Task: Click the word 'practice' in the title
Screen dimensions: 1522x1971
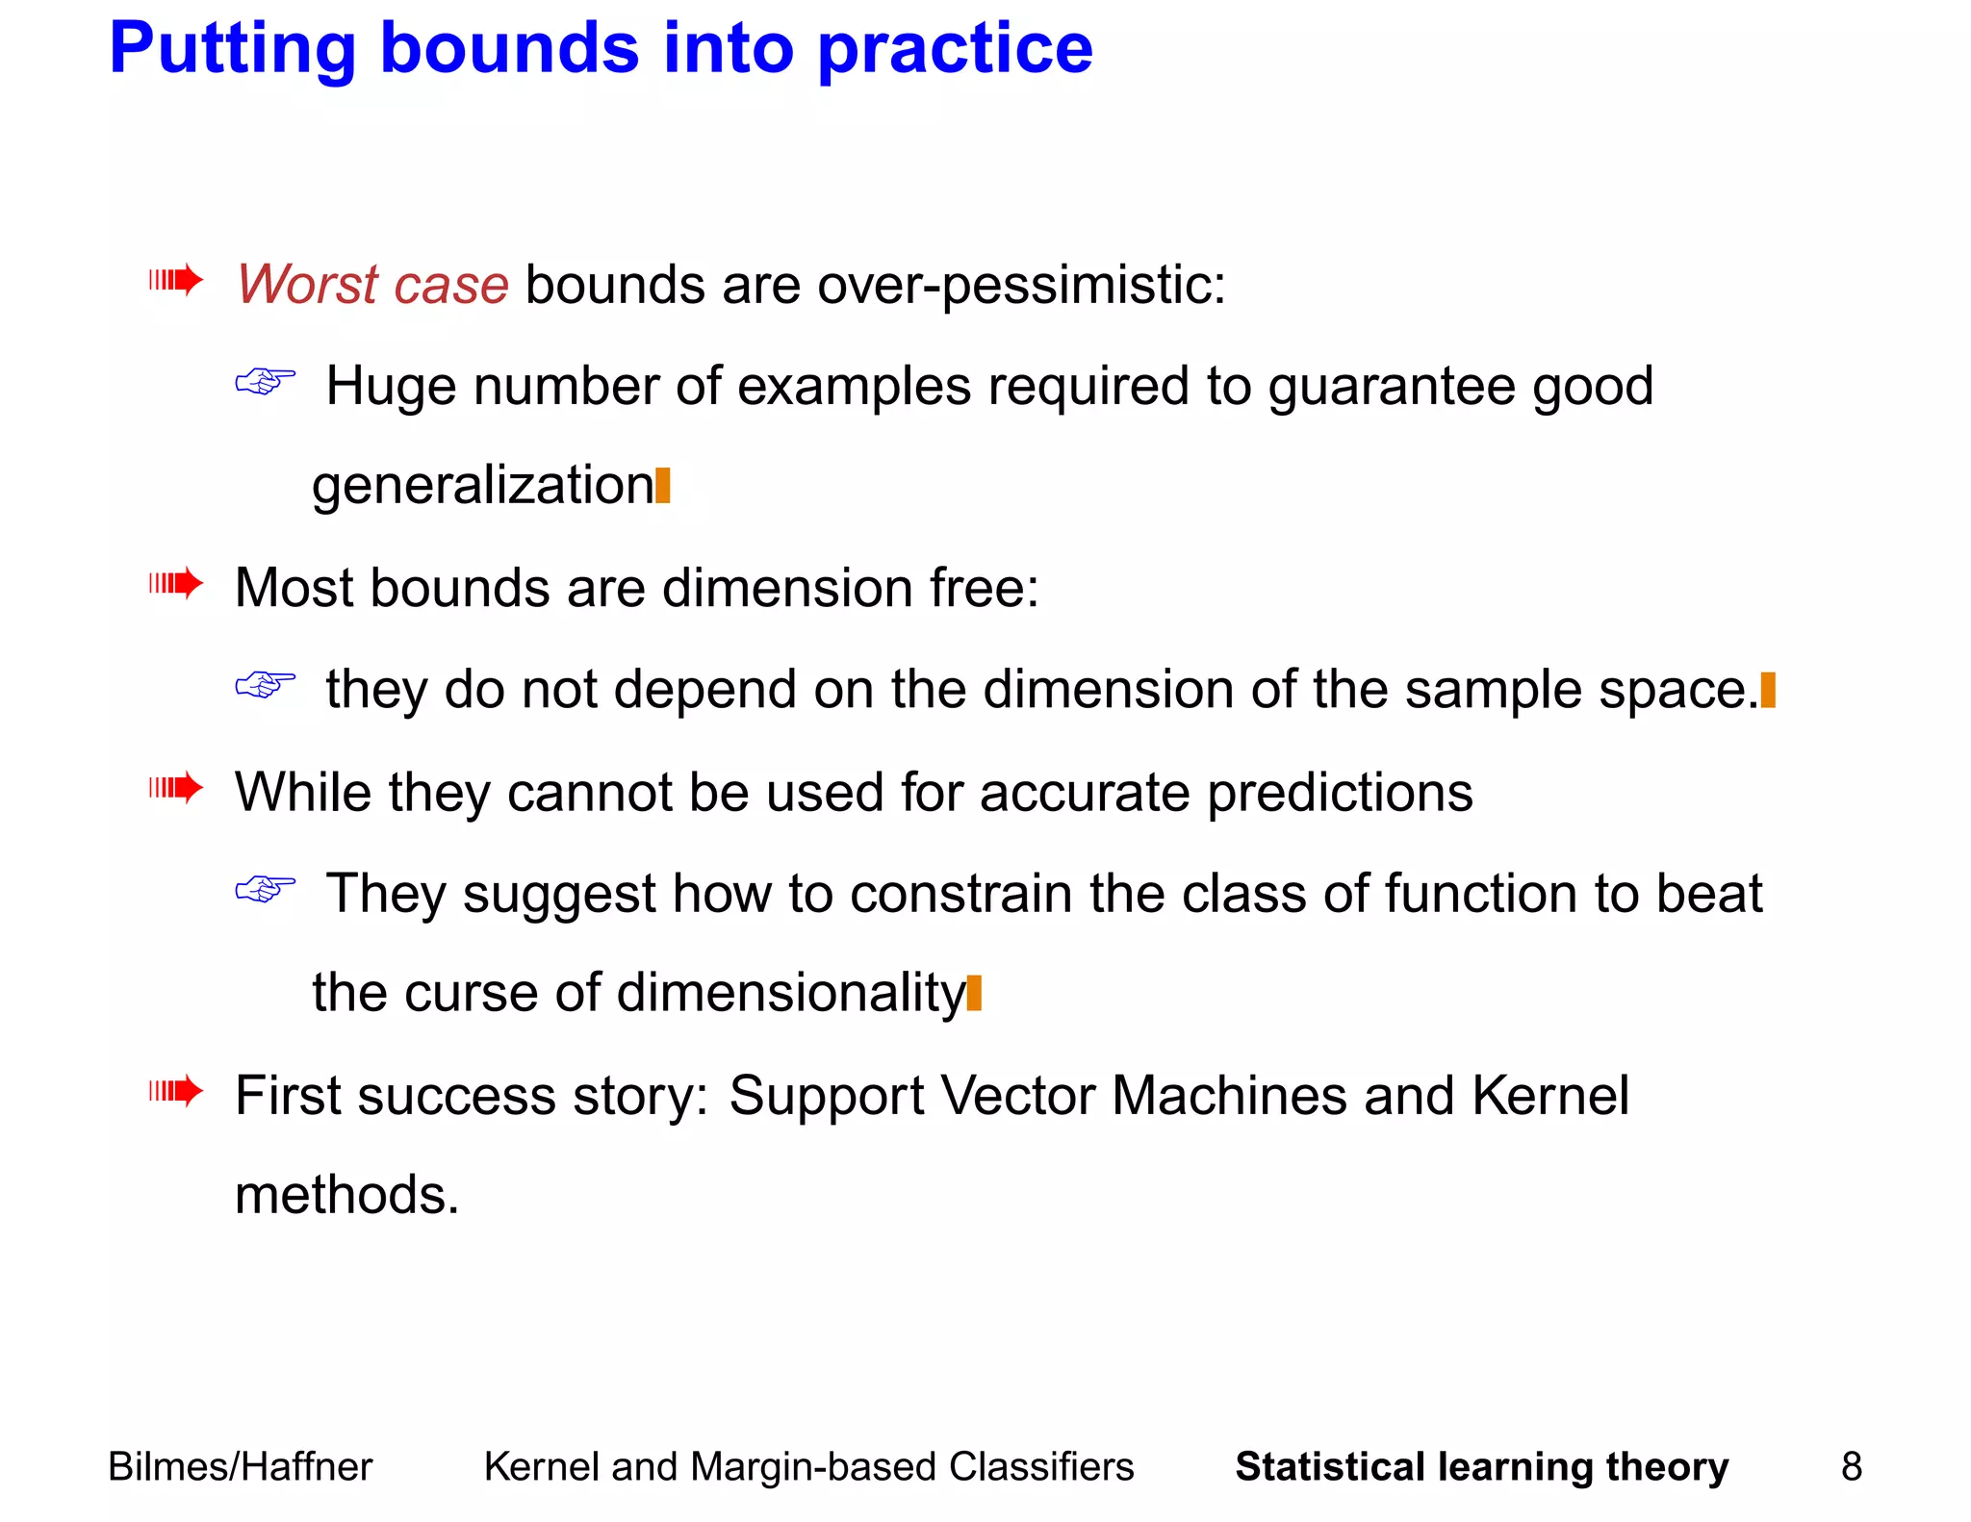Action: pyautogui.click(x=955, y=50)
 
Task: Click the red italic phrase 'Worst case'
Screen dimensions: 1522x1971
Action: pyautogui.click(x=372, y=285)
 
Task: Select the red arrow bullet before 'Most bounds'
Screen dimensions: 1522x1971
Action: pyautogui.click(x=176, y=583)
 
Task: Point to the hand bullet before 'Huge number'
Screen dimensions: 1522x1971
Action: pyautogui.click(x=265, y=382)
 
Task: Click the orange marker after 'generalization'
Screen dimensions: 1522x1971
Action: pyautogui.click(x=662, y=485)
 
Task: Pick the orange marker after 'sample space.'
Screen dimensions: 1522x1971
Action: pyautogui.click(x=1767, y=690)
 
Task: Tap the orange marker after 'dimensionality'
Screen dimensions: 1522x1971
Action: pyautogui.click(x=974, y=993)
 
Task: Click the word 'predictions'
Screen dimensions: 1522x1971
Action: pyautogui.click(x=1340, y=793)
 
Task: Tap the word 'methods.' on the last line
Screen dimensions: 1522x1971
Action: pyautogui.click(x=346, y=1195)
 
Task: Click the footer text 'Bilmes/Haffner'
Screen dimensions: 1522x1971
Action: pyautogui.click(x=240, y=1467)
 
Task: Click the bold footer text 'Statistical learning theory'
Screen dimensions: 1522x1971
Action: pyautogui.click(x=1481, y=1467)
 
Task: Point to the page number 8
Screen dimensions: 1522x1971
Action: pyautogui.click(x=1851, y=1467)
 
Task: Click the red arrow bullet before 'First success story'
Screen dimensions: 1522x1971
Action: pyautogui.click(x=176, y=1091)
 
